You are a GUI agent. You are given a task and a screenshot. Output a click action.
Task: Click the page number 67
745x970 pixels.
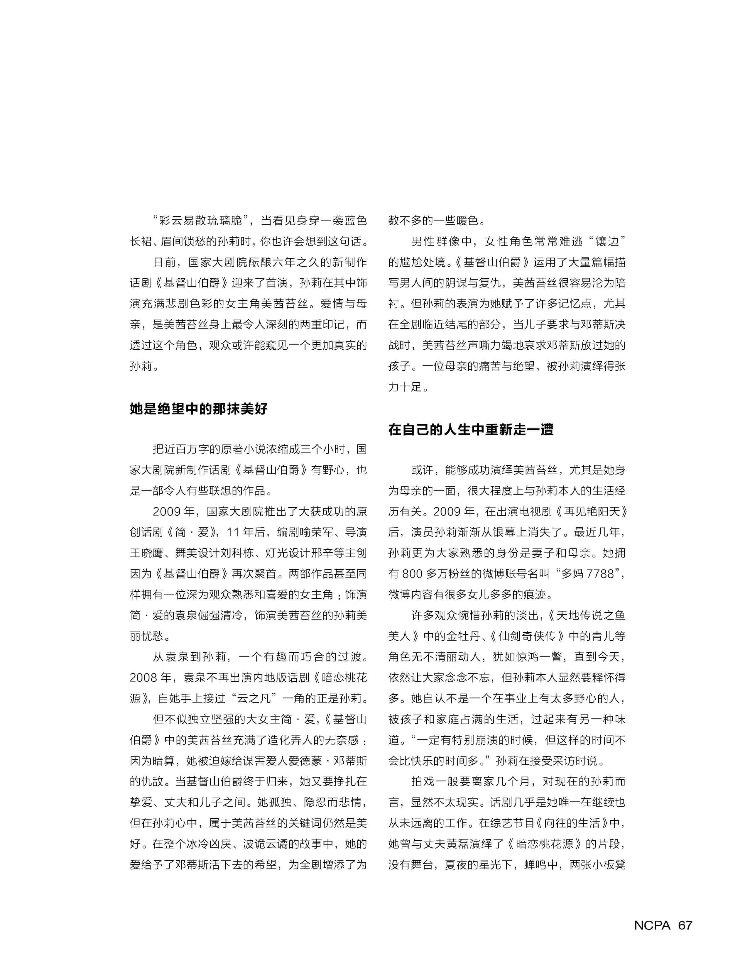point(685,925)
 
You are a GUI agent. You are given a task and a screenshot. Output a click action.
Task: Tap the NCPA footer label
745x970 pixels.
point(652,925)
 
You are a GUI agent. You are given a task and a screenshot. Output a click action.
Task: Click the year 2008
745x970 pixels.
point(144,677)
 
